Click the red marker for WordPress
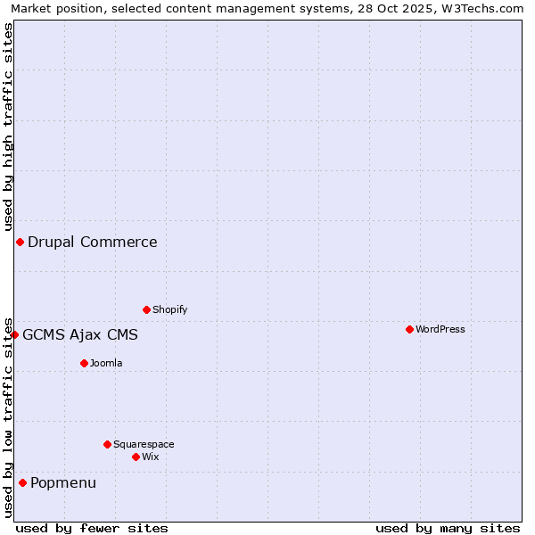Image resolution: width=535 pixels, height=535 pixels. [x=409, y=329]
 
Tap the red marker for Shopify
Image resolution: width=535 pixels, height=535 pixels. [x=146, y=309]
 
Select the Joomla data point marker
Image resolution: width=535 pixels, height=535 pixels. [x=84, y=363]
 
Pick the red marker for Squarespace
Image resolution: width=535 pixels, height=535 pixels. [x=107, y=444]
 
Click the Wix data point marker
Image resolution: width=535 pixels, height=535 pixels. [x=136, y=457]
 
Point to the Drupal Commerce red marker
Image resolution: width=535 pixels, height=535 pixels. [x=20, y=242]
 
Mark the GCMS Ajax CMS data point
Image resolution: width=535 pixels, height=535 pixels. [x=14, y=334]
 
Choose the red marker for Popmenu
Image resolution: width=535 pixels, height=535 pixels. [x=22, y=482]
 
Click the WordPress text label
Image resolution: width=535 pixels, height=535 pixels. [x=440, y=329]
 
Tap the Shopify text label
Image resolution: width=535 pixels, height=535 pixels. [x=169, y=309]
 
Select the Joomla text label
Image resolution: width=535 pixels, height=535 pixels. [x=106, y=363]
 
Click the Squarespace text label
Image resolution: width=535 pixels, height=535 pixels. [x=144, y=444]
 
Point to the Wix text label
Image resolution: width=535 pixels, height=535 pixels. [x=150, y=457]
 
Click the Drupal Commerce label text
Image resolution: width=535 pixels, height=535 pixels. [x=93, y=242]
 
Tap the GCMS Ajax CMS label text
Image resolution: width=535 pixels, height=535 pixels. [x=80, y=334]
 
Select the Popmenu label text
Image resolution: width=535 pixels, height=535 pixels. [x=63, y=482]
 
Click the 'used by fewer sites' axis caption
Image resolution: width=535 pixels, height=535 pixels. [x=92, y=528]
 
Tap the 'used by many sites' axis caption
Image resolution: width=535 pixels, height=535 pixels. [x=448, y=528]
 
